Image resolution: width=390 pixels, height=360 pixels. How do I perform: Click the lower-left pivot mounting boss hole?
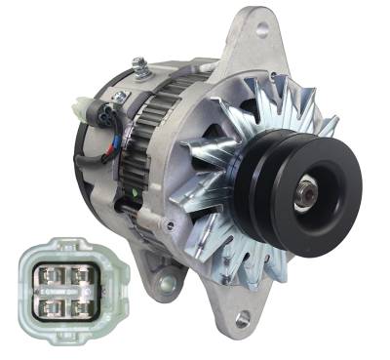point(167,283)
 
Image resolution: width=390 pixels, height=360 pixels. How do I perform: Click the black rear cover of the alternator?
point(93,166)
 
